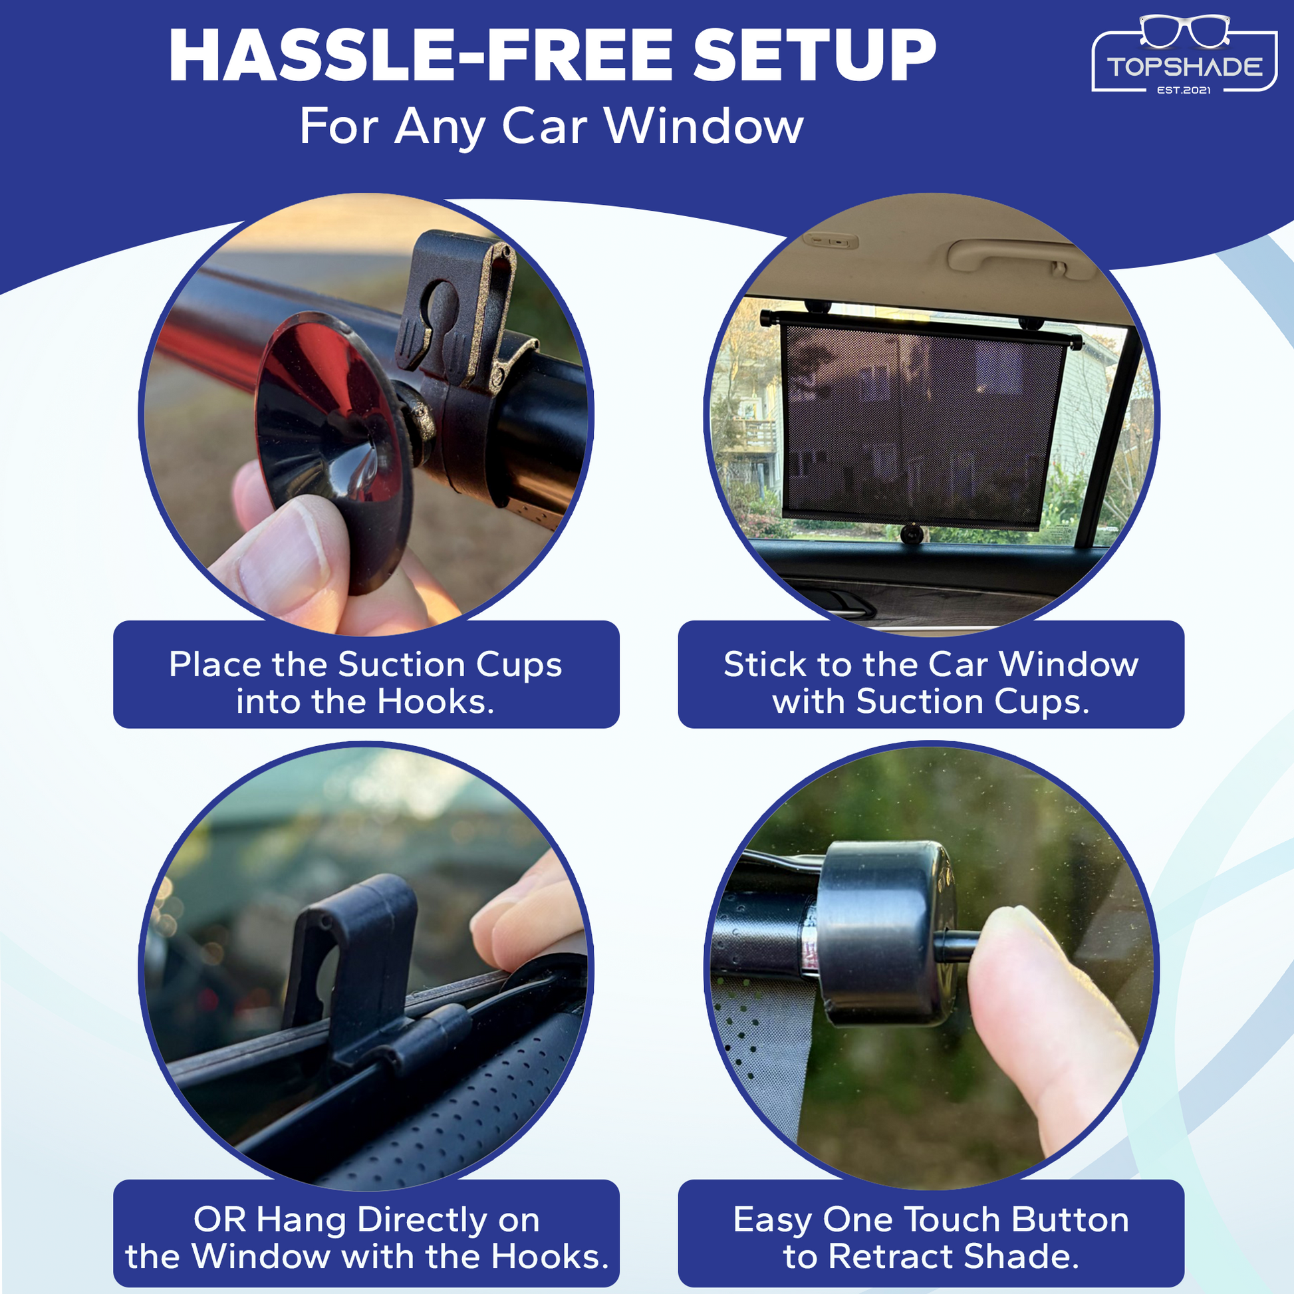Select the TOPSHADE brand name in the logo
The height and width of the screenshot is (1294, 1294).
click(x=1184, y=67)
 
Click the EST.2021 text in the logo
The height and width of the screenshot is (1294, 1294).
click(x=1184, y=90)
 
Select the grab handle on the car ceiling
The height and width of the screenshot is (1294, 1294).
click(x=1021, y=257)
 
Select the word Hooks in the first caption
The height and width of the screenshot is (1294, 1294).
click(x=435, y=702)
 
